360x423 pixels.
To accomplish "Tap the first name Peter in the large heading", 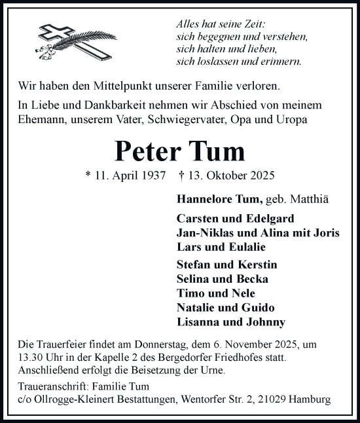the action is pyautogui.click(x=147, y=151).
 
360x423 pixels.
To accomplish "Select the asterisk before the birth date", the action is pyautogui.click(x=88, y=175).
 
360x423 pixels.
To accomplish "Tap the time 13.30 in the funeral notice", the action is pyautogui.click(x=24, y=359).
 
